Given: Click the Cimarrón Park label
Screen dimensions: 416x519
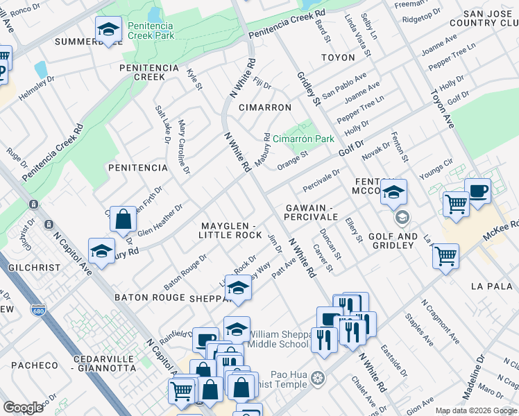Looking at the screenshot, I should [x=303, y=139].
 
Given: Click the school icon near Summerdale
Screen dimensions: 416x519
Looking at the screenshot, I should [x=108, y=30].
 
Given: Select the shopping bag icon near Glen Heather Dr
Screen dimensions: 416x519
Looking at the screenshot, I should [x=123, y=220].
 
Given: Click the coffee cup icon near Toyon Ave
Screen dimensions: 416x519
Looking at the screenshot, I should [x=477, y=192].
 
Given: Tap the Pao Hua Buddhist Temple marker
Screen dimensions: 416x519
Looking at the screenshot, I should [x=318, y=378].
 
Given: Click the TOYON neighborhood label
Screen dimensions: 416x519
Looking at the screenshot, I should [x=338, y=58].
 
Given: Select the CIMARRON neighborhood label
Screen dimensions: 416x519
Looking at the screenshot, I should [x=264, y=107].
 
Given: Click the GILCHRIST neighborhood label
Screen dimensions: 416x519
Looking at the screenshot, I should [x=25, y=267].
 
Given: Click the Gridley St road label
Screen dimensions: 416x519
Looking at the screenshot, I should [x=309, y=89].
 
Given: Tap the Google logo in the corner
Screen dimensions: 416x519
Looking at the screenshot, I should [x=23, y=408].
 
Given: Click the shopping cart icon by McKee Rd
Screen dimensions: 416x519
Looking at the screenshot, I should [x=445, y=256].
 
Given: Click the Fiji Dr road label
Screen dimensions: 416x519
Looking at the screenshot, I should [x=261, y=84].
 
